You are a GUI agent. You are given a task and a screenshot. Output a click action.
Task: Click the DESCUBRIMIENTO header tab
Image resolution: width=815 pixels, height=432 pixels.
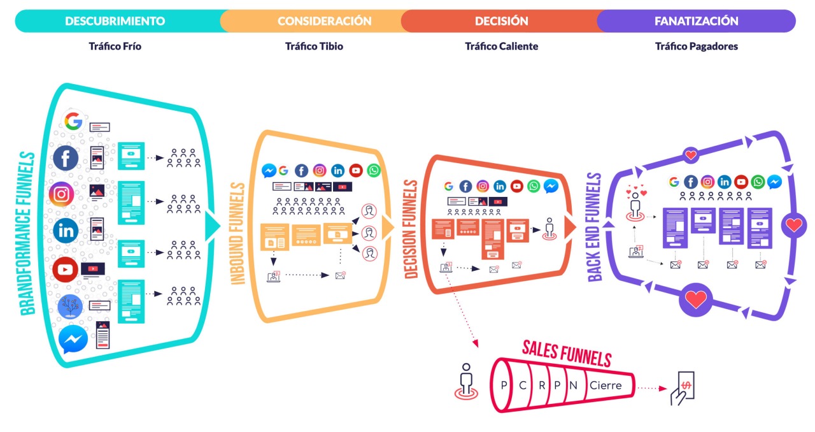tap(115, 21)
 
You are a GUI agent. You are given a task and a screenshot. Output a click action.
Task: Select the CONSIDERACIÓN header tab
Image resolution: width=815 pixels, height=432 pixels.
tap(324, 21)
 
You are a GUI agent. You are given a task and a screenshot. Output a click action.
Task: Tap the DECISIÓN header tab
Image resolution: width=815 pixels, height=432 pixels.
tap(501, 21)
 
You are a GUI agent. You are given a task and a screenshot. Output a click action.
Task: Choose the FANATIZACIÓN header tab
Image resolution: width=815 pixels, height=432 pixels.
tap(696, 21)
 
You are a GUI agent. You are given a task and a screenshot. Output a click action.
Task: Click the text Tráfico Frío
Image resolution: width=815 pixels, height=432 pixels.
tap(115, 47)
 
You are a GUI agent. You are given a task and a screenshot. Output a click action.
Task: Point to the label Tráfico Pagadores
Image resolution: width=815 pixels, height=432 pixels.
tap(696, 47)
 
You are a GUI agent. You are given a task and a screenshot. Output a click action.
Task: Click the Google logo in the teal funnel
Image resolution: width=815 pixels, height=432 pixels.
tap(74, 121)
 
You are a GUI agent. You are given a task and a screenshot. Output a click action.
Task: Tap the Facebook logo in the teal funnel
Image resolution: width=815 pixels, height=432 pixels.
tap(66, 157)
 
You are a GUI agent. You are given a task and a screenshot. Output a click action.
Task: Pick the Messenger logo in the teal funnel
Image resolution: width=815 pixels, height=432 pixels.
tap(73, 340)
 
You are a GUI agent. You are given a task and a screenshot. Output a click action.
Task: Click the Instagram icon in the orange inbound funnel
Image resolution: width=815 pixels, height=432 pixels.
tap(320, 171)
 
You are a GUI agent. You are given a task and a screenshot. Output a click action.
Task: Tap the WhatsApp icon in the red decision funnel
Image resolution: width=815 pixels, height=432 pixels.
tap(534, 186)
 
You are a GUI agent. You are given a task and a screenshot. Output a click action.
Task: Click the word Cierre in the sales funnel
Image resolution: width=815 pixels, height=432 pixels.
tap(606, 385)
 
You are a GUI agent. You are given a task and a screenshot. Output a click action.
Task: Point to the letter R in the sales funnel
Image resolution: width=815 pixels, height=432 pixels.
tap(541, 385)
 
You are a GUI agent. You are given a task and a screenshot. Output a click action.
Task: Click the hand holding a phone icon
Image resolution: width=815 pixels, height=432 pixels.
tap(681, 387)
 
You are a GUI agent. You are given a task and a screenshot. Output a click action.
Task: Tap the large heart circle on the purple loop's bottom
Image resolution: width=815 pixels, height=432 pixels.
tap(696, 299)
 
